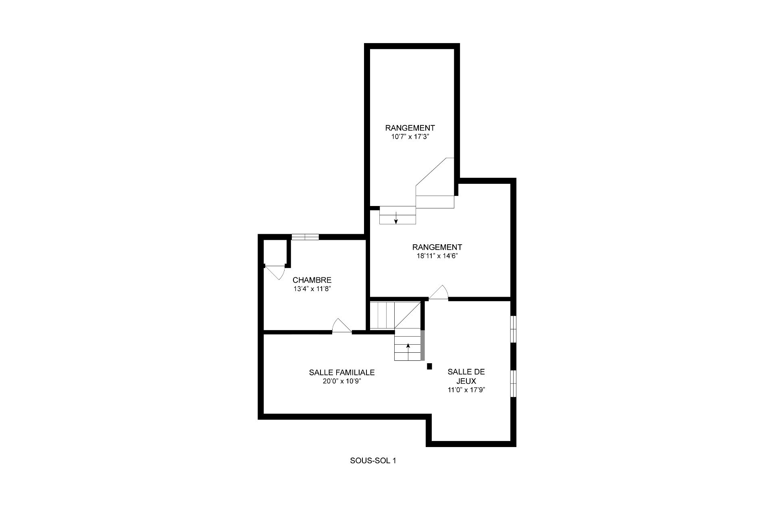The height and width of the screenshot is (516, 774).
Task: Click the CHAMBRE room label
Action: [x=312, y=280]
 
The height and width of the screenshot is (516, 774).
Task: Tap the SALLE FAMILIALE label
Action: [x=342, y=372]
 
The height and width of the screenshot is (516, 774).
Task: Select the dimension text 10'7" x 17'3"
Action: [x=410, y=137]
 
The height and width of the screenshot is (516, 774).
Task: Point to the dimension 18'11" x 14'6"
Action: [x=437, y=256]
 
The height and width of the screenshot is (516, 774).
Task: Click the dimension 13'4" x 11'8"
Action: [x=312, y=289]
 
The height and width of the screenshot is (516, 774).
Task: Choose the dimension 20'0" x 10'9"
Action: [x=342, y=381]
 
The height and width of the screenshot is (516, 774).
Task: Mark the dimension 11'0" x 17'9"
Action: [x=466, y=390]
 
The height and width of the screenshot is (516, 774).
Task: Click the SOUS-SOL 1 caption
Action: [x=373, y=461]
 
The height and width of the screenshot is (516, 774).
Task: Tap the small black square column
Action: [x=429, y=366]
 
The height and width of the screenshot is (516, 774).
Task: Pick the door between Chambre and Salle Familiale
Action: [x=342, y=326]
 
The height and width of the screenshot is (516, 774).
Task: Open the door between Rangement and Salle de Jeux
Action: [x=438, y=293]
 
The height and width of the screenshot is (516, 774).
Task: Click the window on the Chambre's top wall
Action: [x=305, y=237]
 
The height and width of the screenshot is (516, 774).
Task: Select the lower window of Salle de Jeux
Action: [x=513, y=384]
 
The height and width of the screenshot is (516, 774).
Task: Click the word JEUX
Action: [x=466, y=381]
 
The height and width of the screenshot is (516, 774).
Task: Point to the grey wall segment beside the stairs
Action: [x=422, y=345]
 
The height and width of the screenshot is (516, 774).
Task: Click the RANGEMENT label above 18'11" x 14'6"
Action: [x=437, y=247]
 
